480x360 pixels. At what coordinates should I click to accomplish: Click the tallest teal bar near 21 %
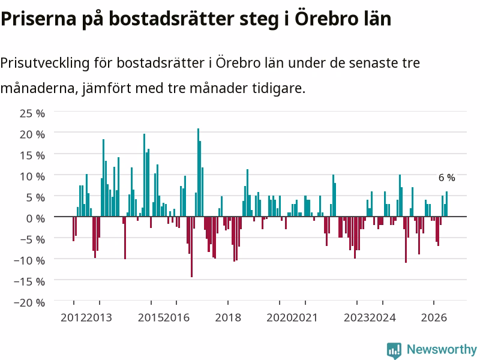(x=198, y=172)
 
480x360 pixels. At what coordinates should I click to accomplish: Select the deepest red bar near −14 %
(x=191, y=247)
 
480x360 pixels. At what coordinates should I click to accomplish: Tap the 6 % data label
(x=446, y=178)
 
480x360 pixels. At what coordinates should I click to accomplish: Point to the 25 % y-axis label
(x=32, y=113)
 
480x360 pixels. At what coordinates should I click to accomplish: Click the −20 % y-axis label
(x=29, y=302)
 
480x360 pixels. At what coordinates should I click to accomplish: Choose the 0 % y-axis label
(x=35, y=218)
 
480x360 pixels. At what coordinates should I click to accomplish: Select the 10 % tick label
(x=32, y=176)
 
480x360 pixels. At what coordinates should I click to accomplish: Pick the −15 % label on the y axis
(x=29, y=281)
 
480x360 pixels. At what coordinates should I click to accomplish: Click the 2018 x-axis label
(x=228, y=318)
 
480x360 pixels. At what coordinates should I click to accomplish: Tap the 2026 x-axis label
(x=434, y=318)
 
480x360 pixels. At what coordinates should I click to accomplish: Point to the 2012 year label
(x=73, y=318)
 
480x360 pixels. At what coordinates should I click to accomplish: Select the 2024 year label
(x=383, y=318)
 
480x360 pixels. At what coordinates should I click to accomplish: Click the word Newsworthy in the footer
(x=442, y=349)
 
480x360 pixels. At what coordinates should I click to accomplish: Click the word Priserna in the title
(x=38, y=19)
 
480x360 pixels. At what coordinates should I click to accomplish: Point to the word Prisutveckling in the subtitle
(x=45, y=64)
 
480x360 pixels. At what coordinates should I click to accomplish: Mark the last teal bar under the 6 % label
(x=446, y=204)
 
